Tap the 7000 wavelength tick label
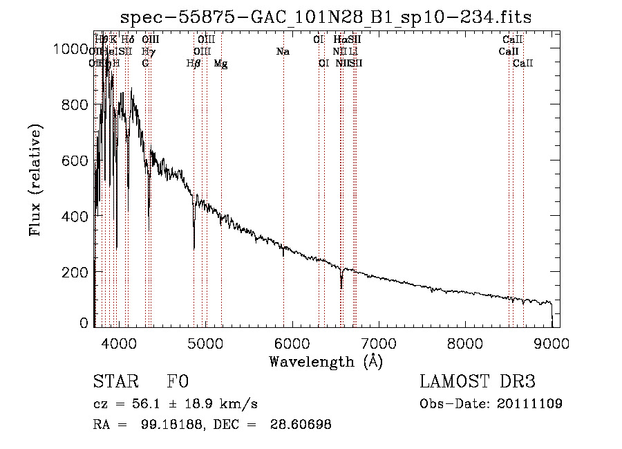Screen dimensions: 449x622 378,342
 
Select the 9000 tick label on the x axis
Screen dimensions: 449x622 552,342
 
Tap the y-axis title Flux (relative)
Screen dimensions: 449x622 35,180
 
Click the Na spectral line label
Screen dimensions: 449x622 282,51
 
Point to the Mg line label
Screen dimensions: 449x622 220,64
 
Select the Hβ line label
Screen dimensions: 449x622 194,64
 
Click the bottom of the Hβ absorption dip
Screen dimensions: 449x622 194,248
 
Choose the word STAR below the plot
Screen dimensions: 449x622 115,383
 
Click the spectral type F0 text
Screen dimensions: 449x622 178,383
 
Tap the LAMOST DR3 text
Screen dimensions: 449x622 477,383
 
